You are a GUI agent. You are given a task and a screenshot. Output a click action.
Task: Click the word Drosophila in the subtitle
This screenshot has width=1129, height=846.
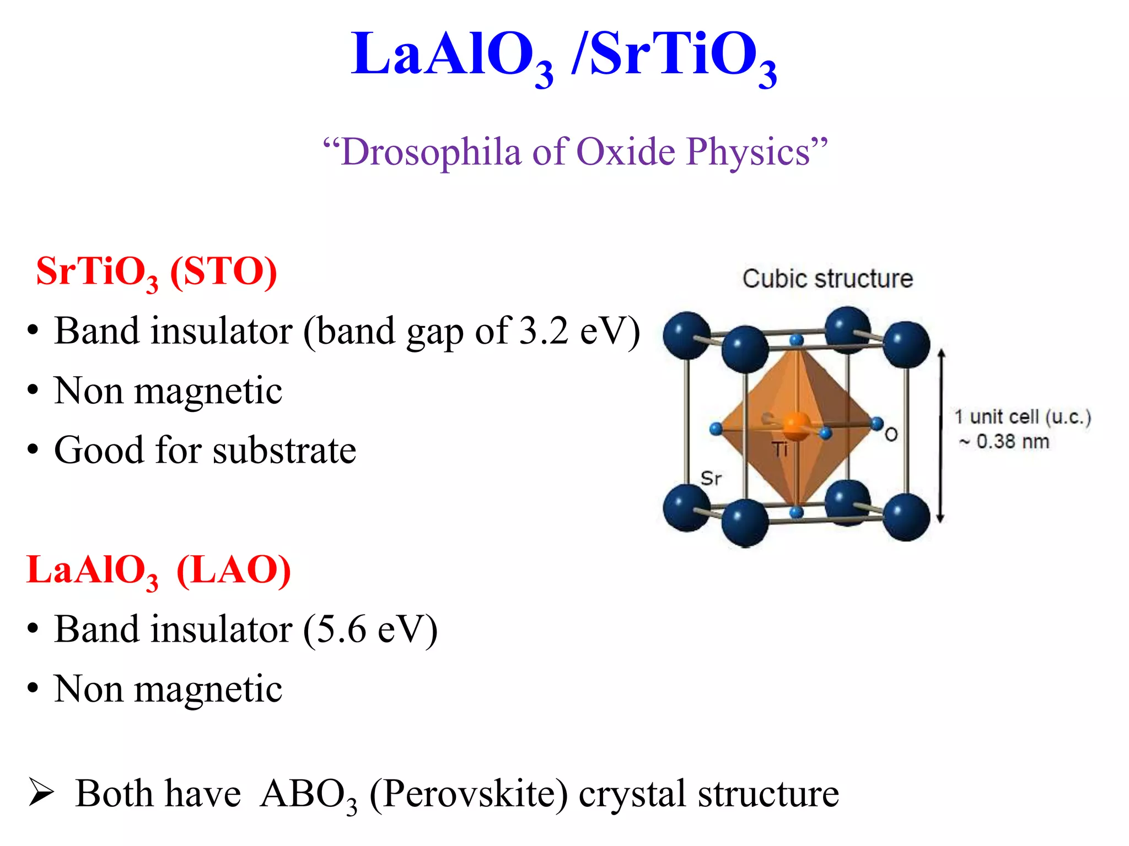coord(430,152)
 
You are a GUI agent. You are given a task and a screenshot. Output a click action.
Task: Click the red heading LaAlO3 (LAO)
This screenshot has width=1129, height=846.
coord(158,571)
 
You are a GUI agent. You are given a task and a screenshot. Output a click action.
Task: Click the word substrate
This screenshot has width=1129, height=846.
coord(284,451)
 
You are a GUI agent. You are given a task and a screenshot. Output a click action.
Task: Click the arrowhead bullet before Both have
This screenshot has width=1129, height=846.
coord(41,794)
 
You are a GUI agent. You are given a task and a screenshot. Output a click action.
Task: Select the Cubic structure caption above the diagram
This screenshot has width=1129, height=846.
coord(827,279)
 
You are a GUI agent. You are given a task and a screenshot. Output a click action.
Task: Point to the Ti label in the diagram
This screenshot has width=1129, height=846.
coord(779,450)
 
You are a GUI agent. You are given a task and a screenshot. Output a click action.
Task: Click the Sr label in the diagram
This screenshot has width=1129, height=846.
coord(711,478)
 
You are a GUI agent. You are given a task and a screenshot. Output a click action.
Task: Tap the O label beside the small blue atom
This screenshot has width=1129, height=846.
coord(891,435)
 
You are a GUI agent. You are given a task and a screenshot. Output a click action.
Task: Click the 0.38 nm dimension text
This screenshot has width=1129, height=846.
coord(1012,442)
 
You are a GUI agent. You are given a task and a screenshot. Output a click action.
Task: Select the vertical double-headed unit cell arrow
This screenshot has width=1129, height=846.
coord(941,435)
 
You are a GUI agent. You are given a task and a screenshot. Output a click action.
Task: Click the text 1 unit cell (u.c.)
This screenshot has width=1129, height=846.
coord(1023,417)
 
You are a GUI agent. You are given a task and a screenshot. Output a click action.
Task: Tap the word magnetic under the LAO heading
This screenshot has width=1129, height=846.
coord(208,689)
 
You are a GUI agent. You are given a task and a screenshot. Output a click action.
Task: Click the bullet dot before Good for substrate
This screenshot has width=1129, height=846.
coord(33,451)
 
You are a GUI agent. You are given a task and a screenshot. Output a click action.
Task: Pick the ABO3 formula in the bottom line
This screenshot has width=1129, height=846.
coord(308,794)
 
